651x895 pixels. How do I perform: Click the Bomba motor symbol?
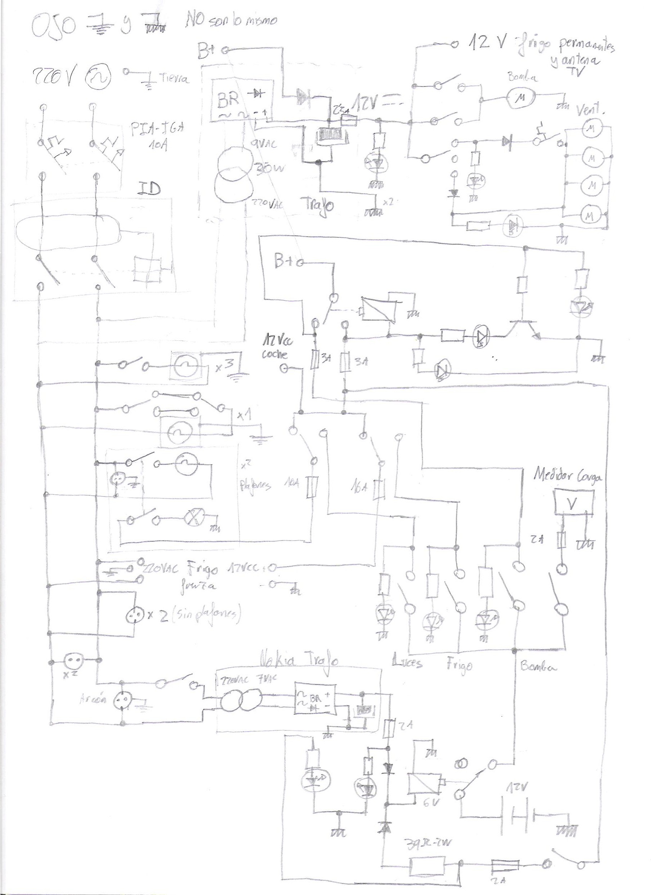pos(521,98)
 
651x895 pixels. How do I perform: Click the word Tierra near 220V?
pos(173,79)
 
